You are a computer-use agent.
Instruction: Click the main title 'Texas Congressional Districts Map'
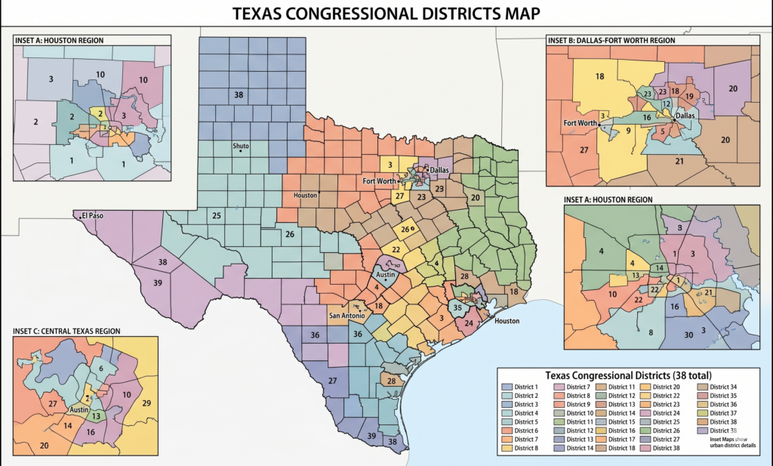pos(386,14)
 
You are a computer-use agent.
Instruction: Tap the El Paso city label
pos(94,215)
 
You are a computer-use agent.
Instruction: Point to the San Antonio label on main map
pos(347,315)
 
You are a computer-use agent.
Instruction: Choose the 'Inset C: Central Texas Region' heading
pos(66,331)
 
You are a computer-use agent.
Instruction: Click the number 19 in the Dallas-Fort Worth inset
pos(689,97)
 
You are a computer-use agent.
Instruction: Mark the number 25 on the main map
pos(217,216)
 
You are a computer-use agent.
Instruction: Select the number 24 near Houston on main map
pos(469,323)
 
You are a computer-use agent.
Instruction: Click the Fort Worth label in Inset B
pos(580,122)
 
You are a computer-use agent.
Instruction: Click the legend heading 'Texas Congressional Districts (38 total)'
pos(628,375)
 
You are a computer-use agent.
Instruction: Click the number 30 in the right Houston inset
pos(688,334)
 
